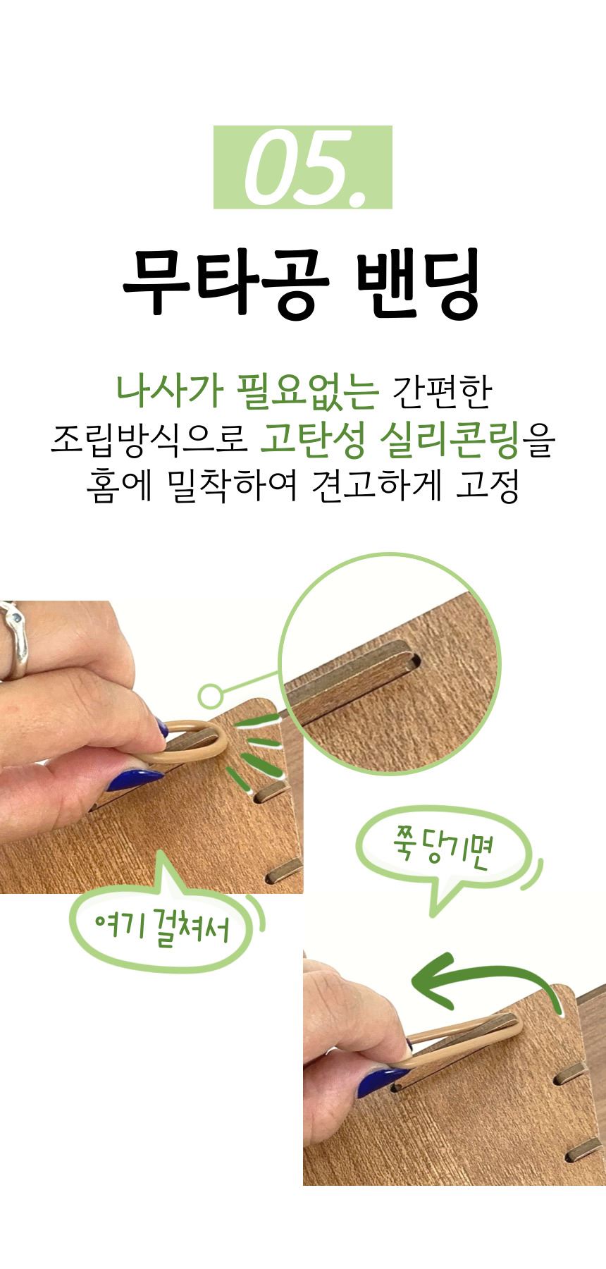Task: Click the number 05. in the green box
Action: coord(302,167)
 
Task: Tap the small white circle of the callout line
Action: coord(209,697)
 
